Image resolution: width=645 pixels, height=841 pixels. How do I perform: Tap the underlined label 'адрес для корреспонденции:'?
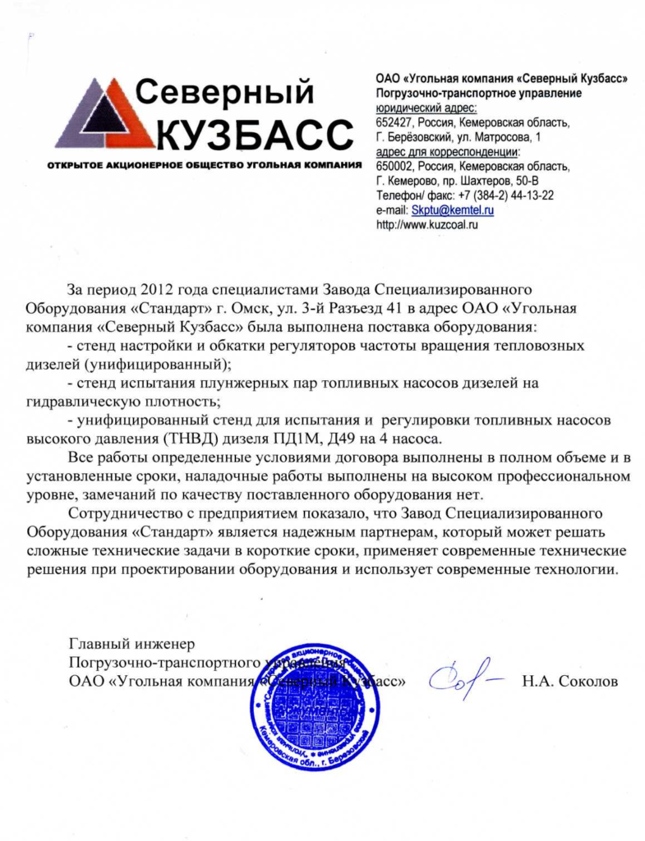pos(447,151)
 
